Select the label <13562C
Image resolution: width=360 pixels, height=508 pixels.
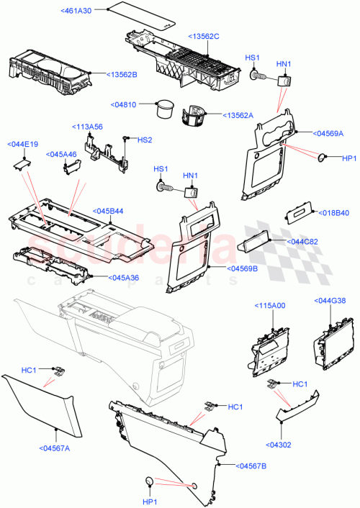click(x=205, y=37)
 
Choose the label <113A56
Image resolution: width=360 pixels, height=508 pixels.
click(x=87, y=126)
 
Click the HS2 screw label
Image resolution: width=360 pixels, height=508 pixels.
click(x=145, y=140)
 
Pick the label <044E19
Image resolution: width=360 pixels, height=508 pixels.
click(x=23, y=144)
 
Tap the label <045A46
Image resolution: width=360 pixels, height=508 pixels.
click(x=62, y=154)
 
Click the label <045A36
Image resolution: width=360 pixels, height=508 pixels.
click(x=108, y=278)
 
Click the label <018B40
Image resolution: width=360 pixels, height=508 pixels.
click(x=333, y=212)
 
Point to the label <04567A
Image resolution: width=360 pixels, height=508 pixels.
click(x=53, y=448)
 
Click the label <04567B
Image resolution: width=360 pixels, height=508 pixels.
click(x=250, y=466)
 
